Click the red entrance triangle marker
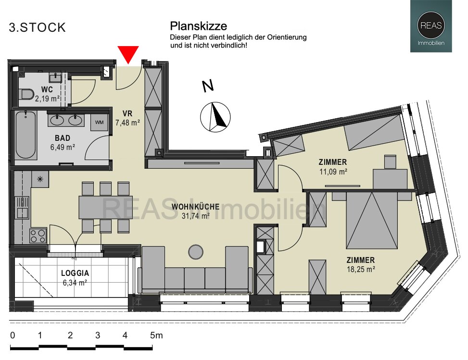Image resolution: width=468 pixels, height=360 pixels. (x=128, y=54)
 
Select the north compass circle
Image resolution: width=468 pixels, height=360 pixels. (x=215, y=117)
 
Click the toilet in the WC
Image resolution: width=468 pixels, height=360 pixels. (x=25, y=94)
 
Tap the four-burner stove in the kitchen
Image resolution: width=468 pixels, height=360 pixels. (x=38, y=236)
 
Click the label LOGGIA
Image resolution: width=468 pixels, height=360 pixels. (x=75, y=273)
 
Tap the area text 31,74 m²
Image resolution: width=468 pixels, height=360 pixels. (x=195, y=216)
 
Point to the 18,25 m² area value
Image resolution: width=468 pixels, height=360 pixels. (x=361, y=270)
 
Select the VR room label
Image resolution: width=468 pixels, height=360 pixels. (x=127, y=113)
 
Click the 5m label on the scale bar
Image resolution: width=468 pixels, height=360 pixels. (x=156, y=335)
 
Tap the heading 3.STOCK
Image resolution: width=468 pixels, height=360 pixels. (x=38, y=28)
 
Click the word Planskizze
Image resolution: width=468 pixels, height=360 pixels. (x=199, y=26)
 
